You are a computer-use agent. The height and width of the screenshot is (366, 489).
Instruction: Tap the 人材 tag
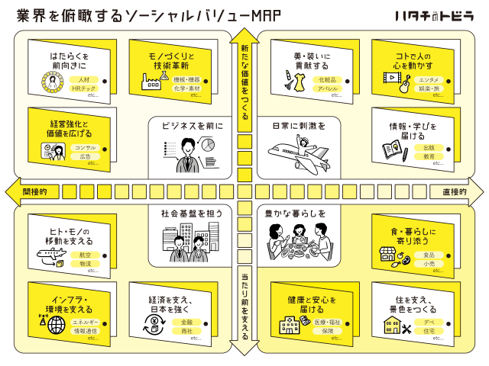click(x=84, y=79)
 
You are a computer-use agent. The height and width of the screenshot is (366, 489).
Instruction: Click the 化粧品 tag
click(x=327, y=79)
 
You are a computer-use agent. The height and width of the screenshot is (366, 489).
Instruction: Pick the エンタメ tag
click(x=428, y=79)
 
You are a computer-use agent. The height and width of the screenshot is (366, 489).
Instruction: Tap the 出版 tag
click(x=429, y=147)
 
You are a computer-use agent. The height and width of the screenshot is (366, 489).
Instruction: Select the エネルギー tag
click(x=85, y=323)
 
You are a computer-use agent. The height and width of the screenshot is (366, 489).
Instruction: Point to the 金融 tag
click(x=186, y=323)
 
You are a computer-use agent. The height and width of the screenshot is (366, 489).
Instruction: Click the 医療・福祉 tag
click(x=328, y=323)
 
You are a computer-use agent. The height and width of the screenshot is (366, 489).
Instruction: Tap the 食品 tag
click(x=429, y=255)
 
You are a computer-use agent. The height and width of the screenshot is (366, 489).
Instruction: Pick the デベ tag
click(x=429, y=323)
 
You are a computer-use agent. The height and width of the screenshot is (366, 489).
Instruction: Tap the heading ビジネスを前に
click(x=192, y=126)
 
